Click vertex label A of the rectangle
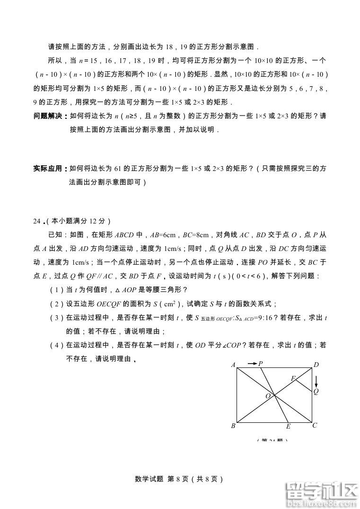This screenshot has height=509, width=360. point(233,365)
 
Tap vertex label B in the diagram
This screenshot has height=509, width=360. point(233,426)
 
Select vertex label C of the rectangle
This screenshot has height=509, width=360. point(315,425)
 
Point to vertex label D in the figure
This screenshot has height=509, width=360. point(316,365)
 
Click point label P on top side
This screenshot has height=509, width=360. point(261,363)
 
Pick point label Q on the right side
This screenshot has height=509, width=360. point(316,391)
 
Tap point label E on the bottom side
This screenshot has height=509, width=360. point(288,427)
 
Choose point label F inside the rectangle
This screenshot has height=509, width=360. point(293,378)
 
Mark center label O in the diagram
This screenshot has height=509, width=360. point(268,395)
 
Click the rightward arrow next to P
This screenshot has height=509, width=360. point(251,363)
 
